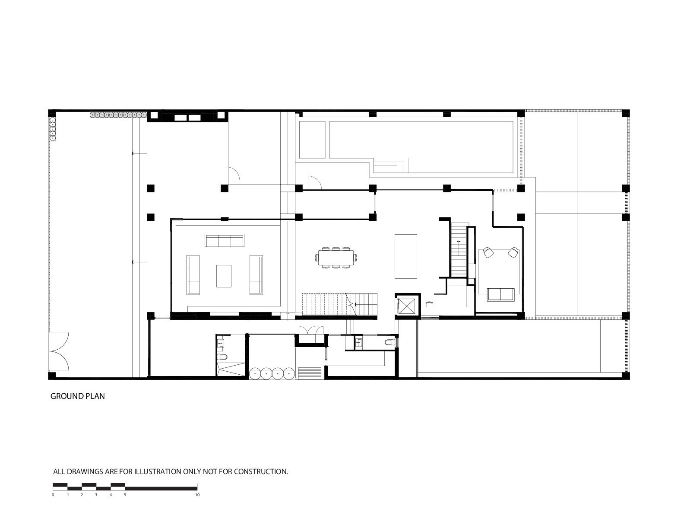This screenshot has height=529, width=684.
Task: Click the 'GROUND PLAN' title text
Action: [77, 396]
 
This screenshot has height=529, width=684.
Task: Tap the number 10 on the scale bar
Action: [197, 495]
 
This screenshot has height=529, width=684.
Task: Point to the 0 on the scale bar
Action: [53, 495]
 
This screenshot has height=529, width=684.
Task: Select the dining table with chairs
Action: [336, 258]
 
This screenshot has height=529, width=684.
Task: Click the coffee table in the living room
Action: [224, 276]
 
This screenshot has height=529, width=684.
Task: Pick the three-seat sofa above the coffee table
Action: [225, 241]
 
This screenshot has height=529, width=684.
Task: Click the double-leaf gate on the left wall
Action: [59, 351]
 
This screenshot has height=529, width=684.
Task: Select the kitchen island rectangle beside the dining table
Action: [406, 256]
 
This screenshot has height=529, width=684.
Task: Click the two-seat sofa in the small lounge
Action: [500, 295]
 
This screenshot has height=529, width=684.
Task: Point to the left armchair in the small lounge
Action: [488, 252]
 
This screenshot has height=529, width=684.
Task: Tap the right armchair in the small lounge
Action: [513, 252]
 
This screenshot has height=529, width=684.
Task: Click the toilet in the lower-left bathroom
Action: [222, 357]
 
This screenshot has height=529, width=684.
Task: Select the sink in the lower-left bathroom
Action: [221, 343]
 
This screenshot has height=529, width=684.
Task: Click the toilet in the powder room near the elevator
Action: [389, 342]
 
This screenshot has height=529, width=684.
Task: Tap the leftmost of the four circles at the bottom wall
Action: [255, 373]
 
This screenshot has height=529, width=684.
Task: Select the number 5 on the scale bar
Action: [125, 495]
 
